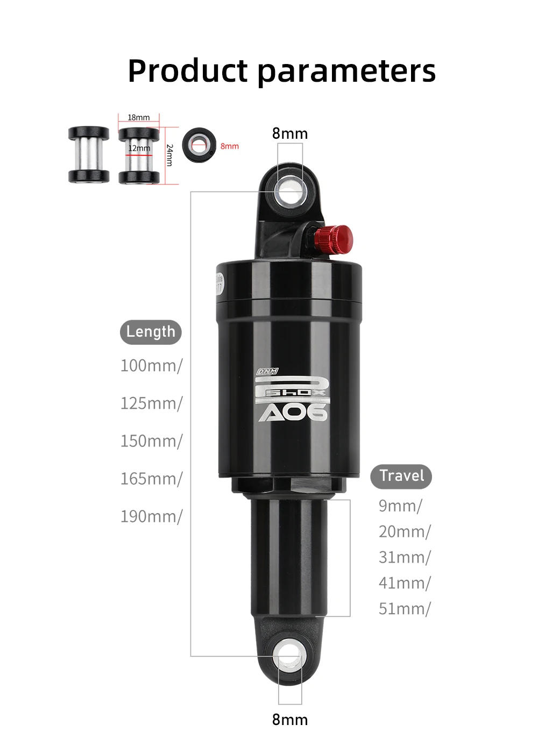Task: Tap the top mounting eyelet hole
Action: point(290,192)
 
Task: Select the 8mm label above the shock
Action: point(290,133)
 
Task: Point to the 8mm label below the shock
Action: point(290,720)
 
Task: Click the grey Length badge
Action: point(151,332)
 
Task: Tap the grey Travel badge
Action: point(401,476)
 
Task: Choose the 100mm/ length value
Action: point(151,366)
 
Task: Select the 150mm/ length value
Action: point(151,441)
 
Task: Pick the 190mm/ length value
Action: point(151,516)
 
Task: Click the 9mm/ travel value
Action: point(400,506)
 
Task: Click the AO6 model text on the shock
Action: point(293,413)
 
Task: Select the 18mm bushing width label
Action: point(139,117)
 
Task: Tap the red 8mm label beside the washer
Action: point(230,146)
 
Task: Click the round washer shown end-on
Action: point(199,145)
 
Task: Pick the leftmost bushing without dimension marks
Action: point(89,155)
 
